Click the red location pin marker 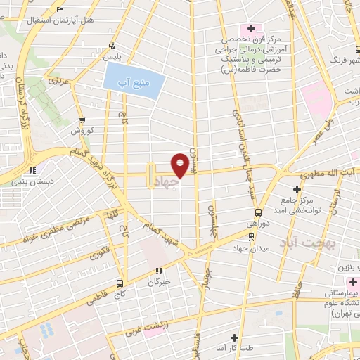tap(181, 165)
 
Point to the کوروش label tap(82, 131)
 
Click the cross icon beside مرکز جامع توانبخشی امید tap(297, 190)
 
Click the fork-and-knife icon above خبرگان tap(159, 270)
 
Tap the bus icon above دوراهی tap(258, 212)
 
